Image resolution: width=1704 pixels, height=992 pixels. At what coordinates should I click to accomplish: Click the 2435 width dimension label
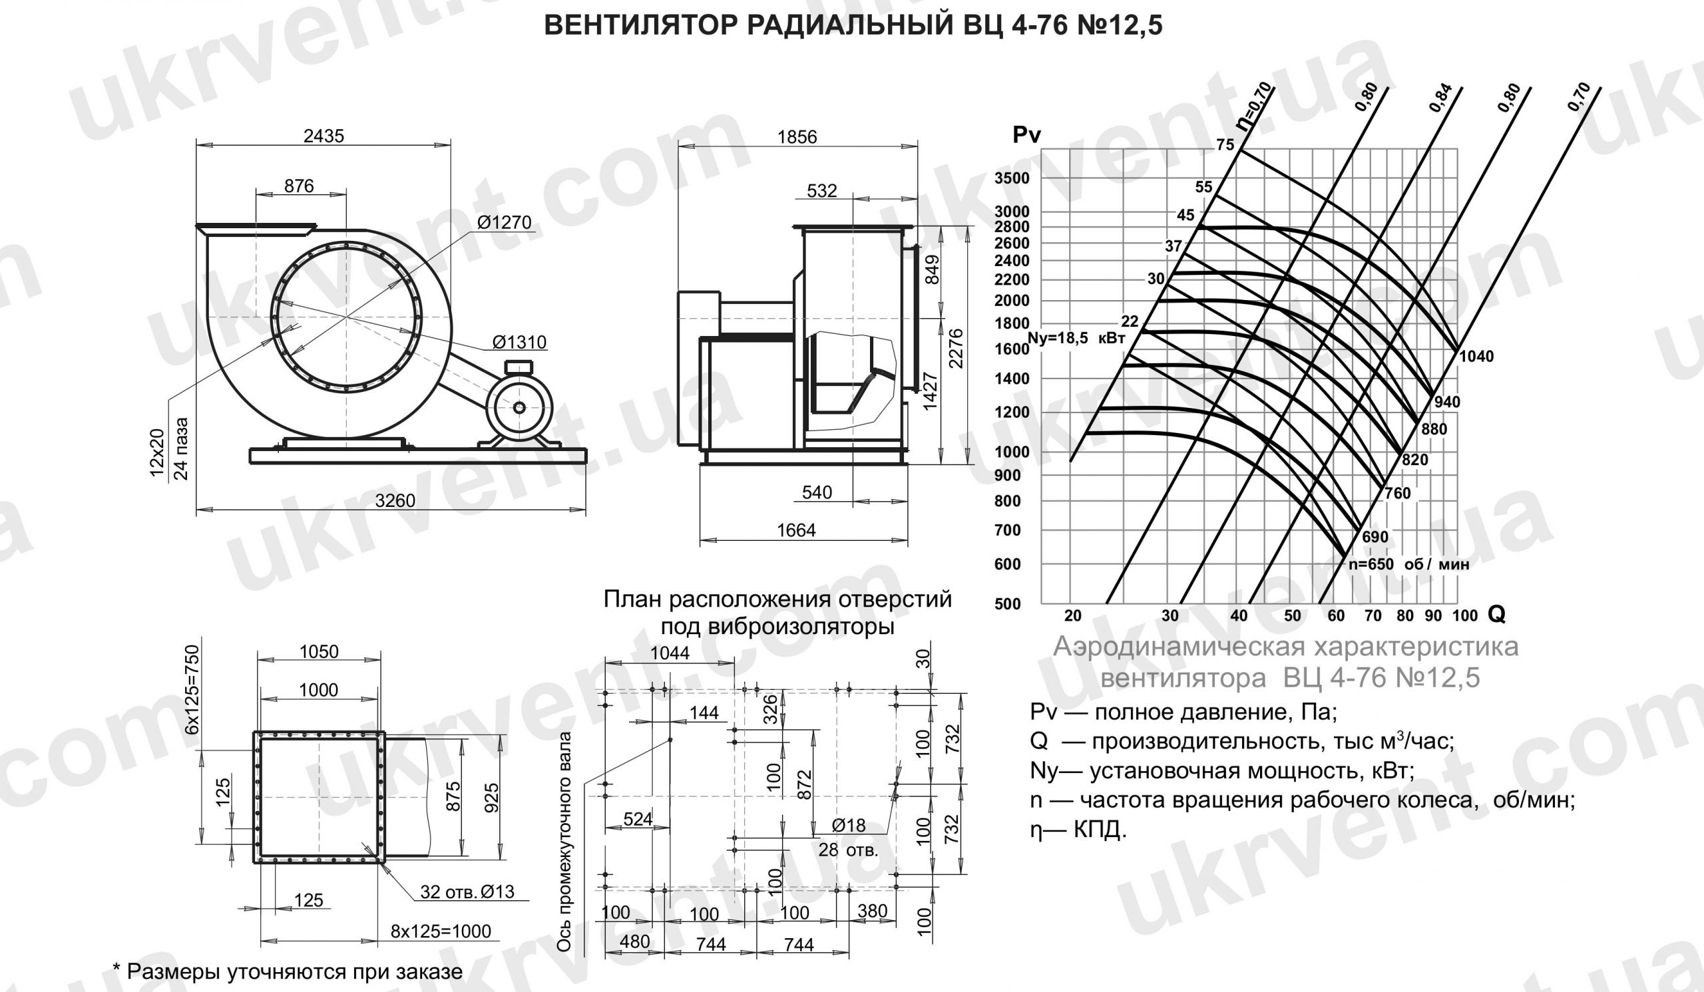point(323,136)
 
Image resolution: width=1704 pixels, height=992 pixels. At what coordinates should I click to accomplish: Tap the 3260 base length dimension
point(395,501)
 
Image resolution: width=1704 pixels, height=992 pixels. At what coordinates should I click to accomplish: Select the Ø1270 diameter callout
point(505,222)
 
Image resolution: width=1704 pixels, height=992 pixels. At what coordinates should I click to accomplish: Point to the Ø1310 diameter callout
point(519,342)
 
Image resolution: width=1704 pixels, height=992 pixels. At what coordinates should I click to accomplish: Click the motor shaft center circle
point(519,407)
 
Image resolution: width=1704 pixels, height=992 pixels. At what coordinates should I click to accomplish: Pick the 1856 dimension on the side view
point(797,136)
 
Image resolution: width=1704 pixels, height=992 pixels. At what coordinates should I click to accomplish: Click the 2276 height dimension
point(955,348)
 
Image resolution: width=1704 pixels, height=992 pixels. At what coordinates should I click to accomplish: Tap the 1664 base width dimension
point(797,530)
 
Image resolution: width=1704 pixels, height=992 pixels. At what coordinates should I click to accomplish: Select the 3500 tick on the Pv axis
point(1012,178)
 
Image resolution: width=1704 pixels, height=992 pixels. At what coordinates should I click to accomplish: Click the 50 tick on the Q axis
point(1292,615)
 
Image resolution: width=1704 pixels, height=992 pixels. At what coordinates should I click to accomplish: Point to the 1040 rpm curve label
point(1477,357)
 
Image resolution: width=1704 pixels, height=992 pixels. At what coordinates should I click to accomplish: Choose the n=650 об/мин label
point(1408,564)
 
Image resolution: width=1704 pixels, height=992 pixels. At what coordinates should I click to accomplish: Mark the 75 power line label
point(1225,144)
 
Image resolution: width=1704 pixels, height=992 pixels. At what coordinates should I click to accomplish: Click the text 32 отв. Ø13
point(467,892)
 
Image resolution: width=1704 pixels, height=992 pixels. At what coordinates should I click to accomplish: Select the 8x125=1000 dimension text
point(441,931)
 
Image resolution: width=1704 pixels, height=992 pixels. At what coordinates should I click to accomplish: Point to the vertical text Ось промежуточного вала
point(563,842)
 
